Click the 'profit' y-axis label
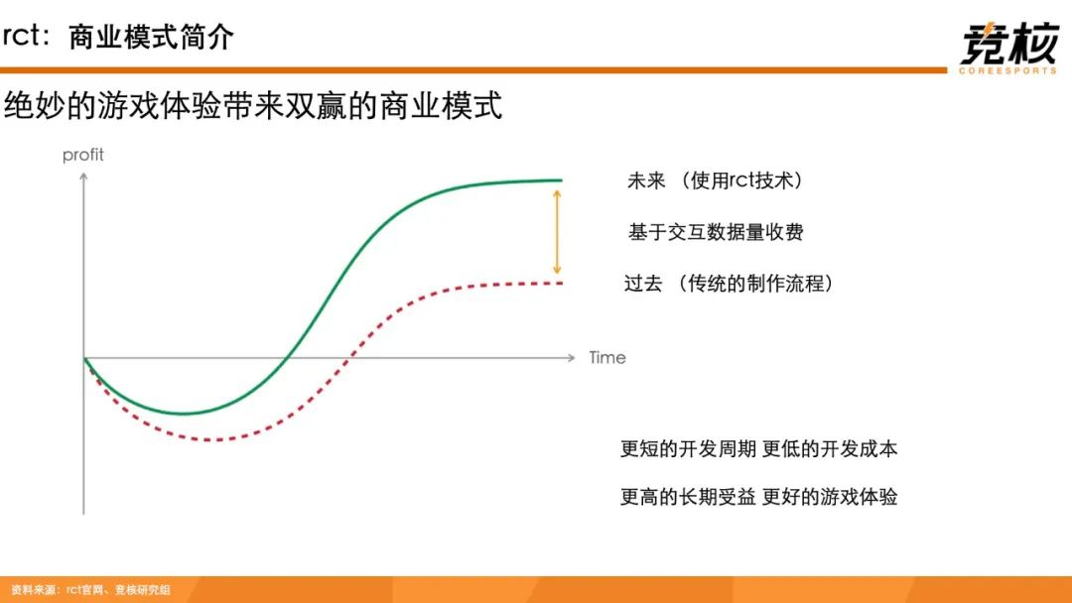click(82, 155)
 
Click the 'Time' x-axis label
click(607, 358)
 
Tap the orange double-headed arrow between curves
click(557, 232)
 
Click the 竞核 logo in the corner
click(1008, 48)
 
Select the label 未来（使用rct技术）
click(715, 181)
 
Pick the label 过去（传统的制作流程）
click(729, 283)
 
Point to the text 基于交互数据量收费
click(715, 232)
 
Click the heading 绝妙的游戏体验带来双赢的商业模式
click(253, 106)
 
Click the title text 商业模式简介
click(151, 37)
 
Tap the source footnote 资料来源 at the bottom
click(91, 589)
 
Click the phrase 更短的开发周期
click(688, 448)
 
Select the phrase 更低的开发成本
click(829, 448)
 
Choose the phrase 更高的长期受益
click(688, 497)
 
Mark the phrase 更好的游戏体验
click(829, 497)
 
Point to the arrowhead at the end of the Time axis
click(573, 357)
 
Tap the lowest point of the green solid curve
click(184, 414)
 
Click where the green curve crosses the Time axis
click(287, 357)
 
